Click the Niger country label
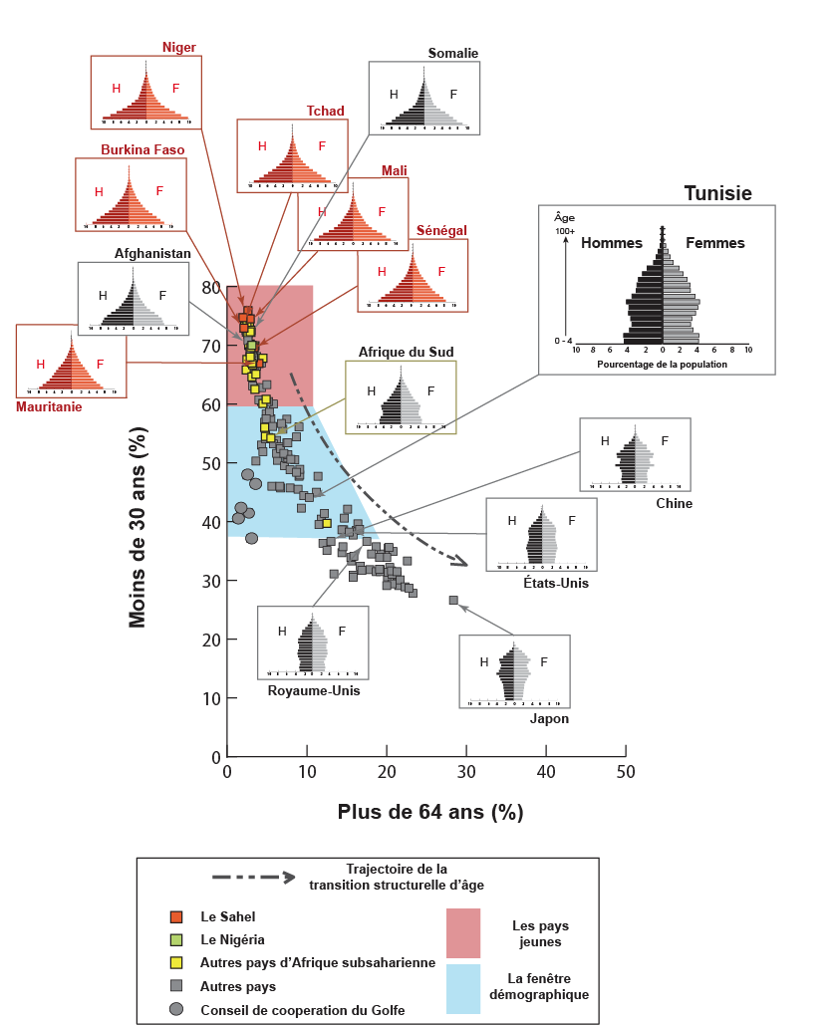179,47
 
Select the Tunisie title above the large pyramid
717,193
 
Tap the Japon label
549,718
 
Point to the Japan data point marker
453,600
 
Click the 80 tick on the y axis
210,287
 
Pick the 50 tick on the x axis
625,773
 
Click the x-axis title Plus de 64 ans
430,811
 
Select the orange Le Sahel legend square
176,916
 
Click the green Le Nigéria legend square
176,939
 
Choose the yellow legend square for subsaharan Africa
176,962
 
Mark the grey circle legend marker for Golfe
176,1009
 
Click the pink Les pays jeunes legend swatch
463,932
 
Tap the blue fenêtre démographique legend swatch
463,988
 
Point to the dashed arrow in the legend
254,878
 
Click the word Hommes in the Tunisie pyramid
611,242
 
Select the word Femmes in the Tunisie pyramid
715,242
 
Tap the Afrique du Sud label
400,352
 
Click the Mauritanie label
49,406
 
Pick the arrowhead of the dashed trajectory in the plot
461,564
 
